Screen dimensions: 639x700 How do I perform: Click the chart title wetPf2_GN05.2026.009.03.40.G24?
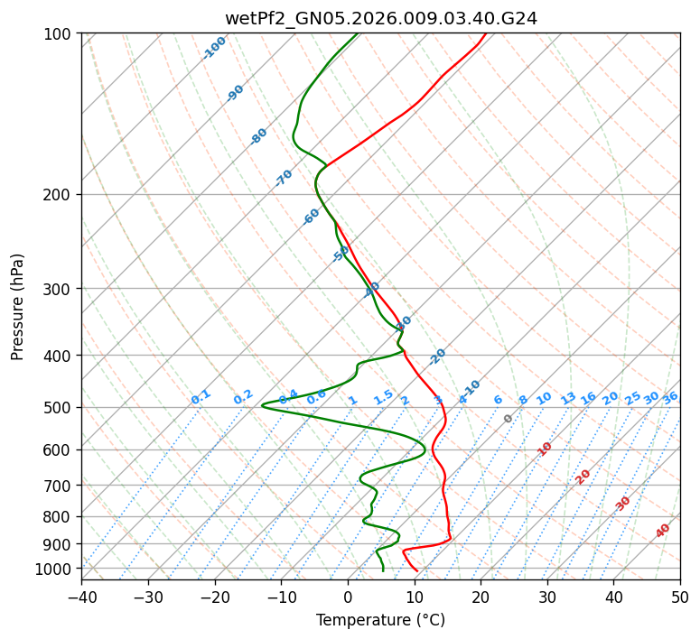(x=380, y=18)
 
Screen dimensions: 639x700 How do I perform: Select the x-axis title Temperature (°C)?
(x=380, y=620)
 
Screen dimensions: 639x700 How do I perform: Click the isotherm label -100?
(x=214, y=48)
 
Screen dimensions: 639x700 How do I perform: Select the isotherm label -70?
(x=284, y=178)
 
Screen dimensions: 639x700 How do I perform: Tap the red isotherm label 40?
(x=663, y=531)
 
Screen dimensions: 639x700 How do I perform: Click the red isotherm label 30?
(x=623, y=503)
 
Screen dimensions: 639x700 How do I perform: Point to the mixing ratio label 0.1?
(x=201, y=397)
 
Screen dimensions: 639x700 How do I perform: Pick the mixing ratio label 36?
(x=670, y=397)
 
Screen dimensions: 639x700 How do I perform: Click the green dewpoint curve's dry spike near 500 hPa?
(x=263, y=405)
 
